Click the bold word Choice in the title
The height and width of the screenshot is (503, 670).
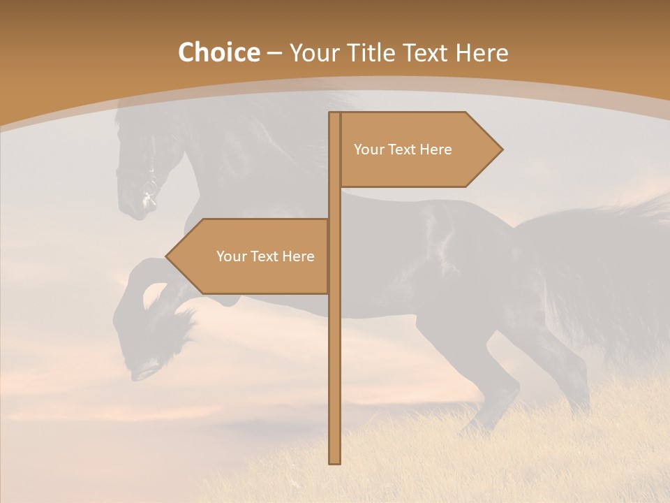pyautogui.click(x=218, y=52)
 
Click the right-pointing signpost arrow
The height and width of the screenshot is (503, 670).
pyautogui.click(x=419, y=150)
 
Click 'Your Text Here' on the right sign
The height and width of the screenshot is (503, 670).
pyautogui.click(x=403, y=150)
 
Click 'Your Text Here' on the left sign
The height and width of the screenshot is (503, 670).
pyautogui.click(x=265, y=256)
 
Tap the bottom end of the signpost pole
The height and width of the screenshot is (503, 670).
pyautogui.click(x=335, y=461)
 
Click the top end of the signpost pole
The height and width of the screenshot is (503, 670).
pyautogui.click(x=335, y=115)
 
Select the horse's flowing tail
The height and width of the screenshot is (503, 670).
pyautogui.click(x=614, y=279)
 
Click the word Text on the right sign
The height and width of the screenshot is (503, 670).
pyautogui.click(x=403, y=150)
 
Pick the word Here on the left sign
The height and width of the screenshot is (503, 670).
pyautogui.click(x=298, y=256)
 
